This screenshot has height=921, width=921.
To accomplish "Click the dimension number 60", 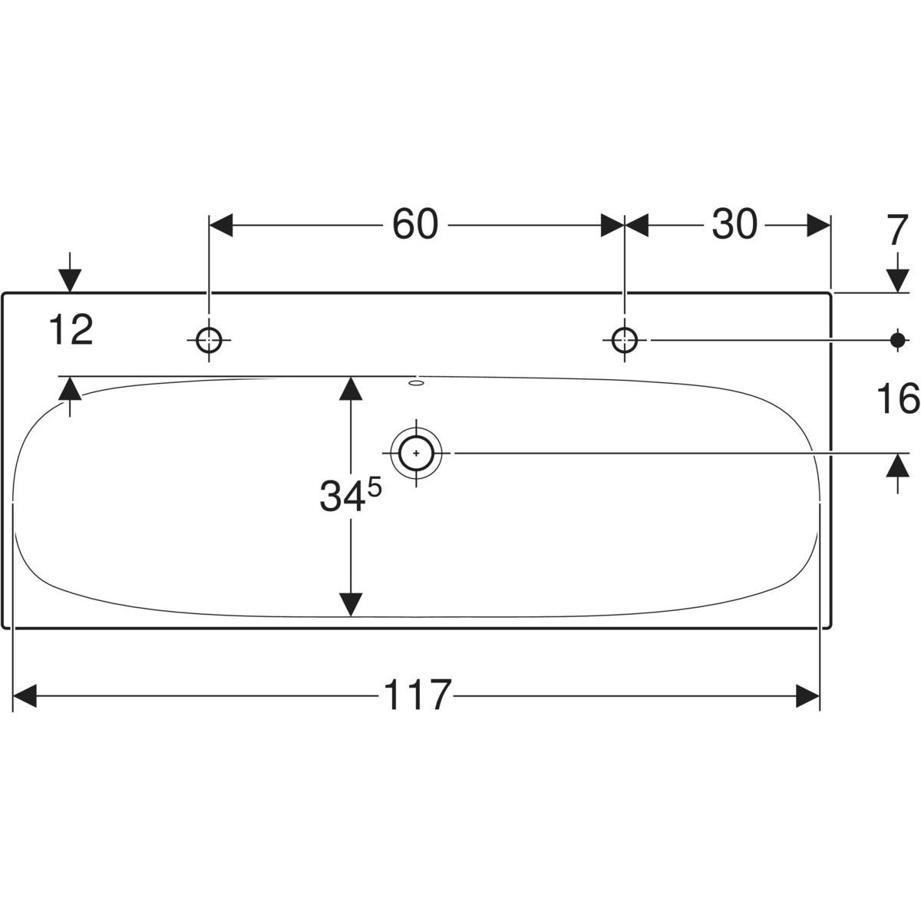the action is (415, 225).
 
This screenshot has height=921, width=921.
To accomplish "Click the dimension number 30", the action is (734, 225).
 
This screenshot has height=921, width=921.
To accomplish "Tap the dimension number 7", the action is (896, 230).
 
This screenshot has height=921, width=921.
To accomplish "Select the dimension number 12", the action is (71, 330).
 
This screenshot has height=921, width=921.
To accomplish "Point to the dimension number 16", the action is (897, 399).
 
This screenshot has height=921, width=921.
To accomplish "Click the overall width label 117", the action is (418, 696).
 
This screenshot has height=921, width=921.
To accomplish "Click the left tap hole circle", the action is (209, 340).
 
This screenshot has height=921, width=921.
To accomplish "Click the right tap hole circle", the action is (624, 340).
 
